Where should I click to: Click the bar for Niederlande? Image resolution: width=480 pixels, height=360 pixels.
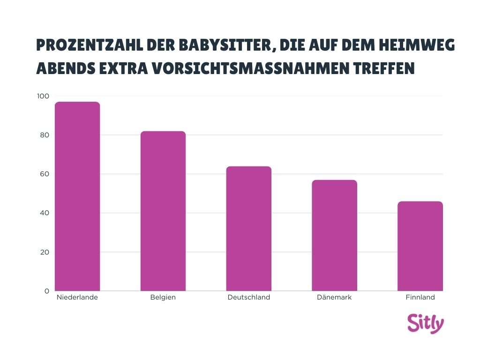77,196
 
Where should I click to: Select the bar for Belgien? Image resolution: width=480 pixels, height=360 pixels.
163,211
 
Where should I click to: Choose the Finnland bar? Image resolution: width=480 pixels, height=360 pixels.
420,246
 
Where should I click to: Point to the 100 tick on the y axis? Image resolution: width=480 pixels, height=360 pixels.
43,96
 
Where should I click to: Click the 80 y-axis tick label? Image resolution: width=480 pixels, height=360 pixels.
44,135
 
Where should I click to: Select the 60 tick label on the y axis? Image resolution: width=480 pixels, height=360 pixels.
44,174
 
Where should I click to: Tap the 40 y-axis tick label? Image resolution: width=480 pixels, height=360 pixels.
44,213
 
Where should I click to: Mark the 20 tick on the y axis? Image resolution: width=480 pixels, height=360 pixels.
44,252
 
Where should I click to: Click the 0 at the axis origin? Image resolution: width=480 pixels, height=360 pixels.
46,291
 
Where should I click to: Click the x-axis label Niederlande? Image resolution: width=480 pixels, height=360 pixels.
77,297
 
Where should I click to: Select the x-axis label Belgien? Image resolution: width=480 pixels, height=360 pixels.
163,297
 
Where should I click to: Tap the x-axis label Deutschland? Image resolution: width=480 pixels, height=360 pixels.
248,297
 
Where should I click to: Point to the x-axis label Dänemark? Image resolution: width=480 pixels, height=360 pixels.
334,297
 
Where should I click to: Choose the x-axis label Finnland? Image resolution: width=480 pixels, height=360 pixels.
420,297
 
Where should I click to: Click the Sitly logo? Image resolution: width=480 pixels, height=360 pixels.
425,323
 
